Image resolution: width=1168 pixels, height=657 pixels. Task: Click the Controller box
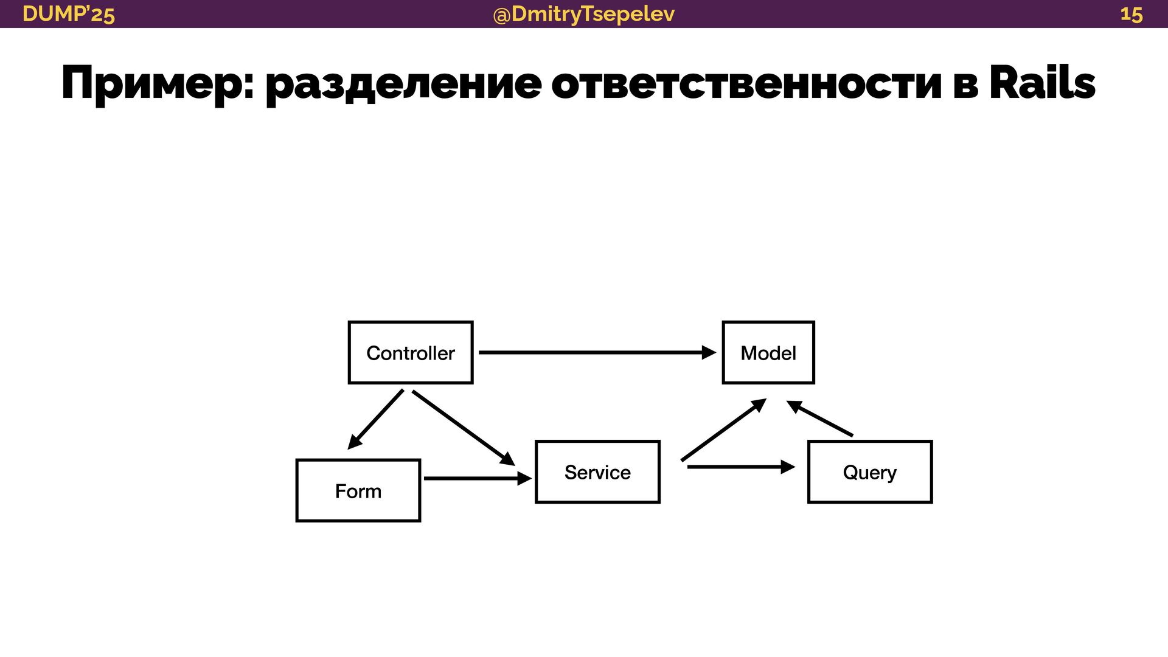point(411,353)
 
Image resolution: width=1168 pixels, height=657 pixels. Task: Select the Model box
point(768,353)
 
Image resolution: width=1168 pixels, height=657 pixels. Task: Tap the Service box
point(597,472)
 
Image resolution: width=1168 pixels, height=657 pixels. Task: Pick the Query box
point(869,472)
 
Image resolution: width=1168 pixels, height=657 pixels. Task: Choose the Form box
point(358,491)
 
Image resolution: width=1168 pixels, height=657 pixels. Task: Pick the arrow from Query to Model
point(821,419)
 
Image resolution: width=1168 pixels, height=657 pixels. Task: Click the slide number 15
point(1131,14)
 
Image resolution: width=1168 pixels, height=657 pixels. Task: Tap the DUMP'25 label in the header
point(68,14)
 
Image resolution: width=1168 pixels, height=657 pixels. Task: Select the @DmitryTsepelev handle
point(583,14)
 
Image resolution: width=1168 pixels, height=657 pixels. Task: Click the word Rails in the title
point(1042,83)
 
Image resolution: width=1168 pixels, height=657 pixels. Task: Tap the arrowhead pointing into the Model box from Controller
point(709,352)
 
